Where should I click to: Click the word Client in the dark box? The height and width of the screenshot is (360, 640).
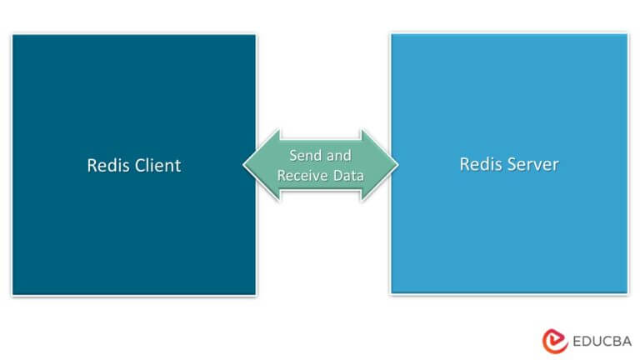coord(157,166)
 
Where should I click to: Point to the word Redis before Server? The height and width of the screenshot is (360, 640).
coord(481,164)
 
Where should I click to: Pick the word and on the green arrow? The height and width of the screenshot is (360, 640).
coord(338,156)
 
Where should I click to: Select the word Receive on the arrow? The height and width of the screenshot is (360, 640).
coord(302,176)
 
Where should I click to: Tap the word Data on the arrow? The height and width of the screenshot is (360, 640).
coord(348,176)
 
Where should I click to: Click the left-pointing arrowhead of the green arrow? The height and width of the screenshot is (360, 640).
coord(261,165)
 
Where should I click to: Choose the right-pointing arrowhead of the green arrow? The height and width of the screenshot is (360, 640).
coord(380,165)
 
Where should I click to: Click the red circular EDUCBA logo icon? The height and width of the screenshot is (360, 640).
coord(555,341)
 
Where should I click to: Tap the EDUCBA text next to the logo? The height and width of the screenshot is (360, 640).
coord(602,341)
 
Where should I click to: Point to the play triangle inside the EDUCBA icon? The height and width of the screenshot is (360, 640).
coord(554,340)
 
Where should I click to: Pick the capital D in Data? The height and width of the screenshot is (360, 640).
coord(337,176)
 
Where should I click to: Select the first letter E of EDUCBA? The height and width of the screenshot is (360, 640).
coord(577,341)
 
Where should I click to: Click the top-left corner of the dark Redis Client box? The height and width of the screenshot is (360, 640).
coord(12,35)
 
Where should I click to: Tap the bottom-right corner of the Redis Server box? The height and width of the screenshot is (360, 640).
coord(627,292)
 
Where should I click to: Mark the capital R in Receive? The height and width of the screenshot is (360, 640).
coord(282,176)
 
